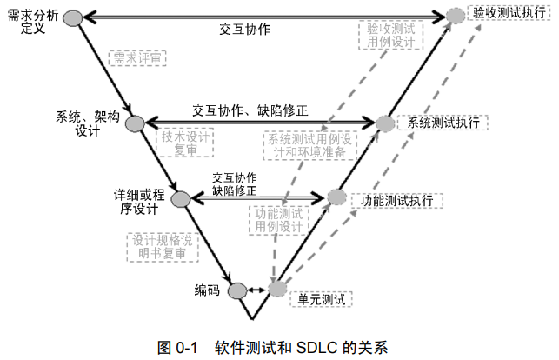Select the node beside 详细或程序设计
click(x=181, y=199)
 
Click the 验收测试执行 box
click(x=508, y=13)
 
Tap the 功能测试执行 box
click(x=396, y=200)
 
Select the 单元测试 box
click(x=321, y=299)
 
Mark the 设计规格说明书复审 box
click(x=162, y=246)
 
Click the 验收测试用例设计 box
click(x=389, y=35)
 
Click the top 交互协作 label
click(x=244, y=29)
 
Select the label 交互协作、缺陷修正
click(x=250, y=111)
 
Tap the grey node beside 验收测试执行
click(x=456, y=15)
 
